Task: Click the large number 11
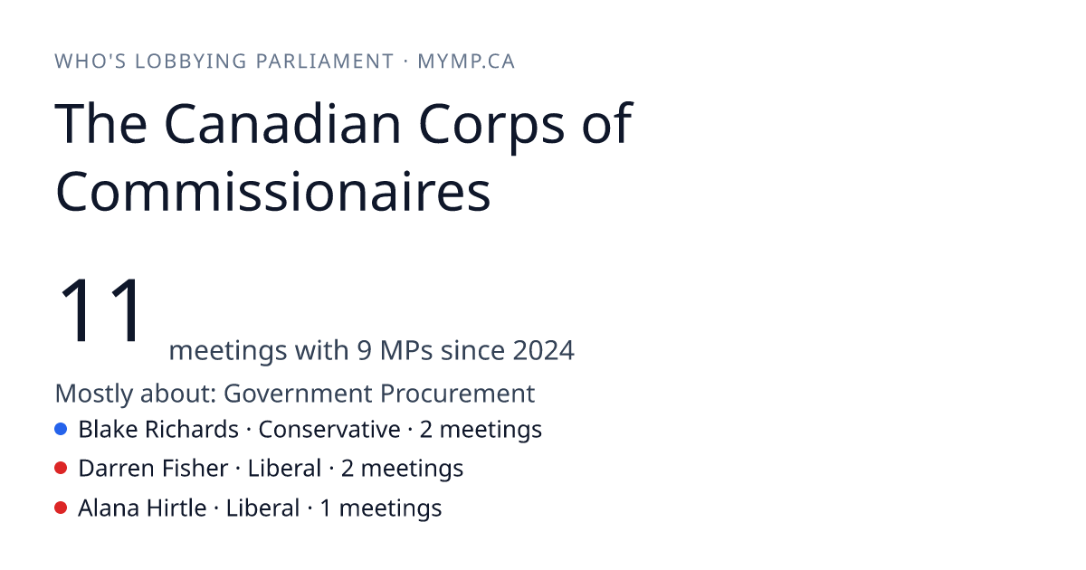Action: click(x=100, y=309)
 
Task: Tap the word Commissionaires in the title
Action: click(x=273, y=192)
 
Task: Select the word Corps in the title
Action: click(x=491, y=128)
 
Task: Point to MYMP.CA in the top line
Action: click(x=466, y=62)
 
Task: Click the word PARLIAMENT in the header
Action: click(x=325, y=62)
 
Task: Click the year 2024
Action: click(x=544, y=350)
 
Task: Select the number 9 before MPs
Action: click(x=364, y=350)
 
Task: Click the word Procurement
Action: click(x=457, y=393)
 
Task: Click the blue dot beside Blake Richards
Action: click(x=61, y=429)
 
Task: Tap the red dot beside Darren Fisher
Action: click(x=61, y=469)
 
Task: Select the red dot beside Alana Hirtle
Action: click(x=61, y=508)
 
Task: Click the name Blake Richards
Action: click(x=158, y=429)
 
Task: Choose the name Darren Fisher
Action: click(x=153, y=469)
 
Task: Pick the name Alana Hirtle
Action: click(x=143, y=508)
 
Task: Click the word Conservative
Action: click(x=329, y=429)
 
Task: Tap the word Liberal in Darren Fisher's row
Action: click(x=284, y=469)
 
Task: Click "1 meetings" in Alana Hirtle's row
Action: click(x=381, y=508)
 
